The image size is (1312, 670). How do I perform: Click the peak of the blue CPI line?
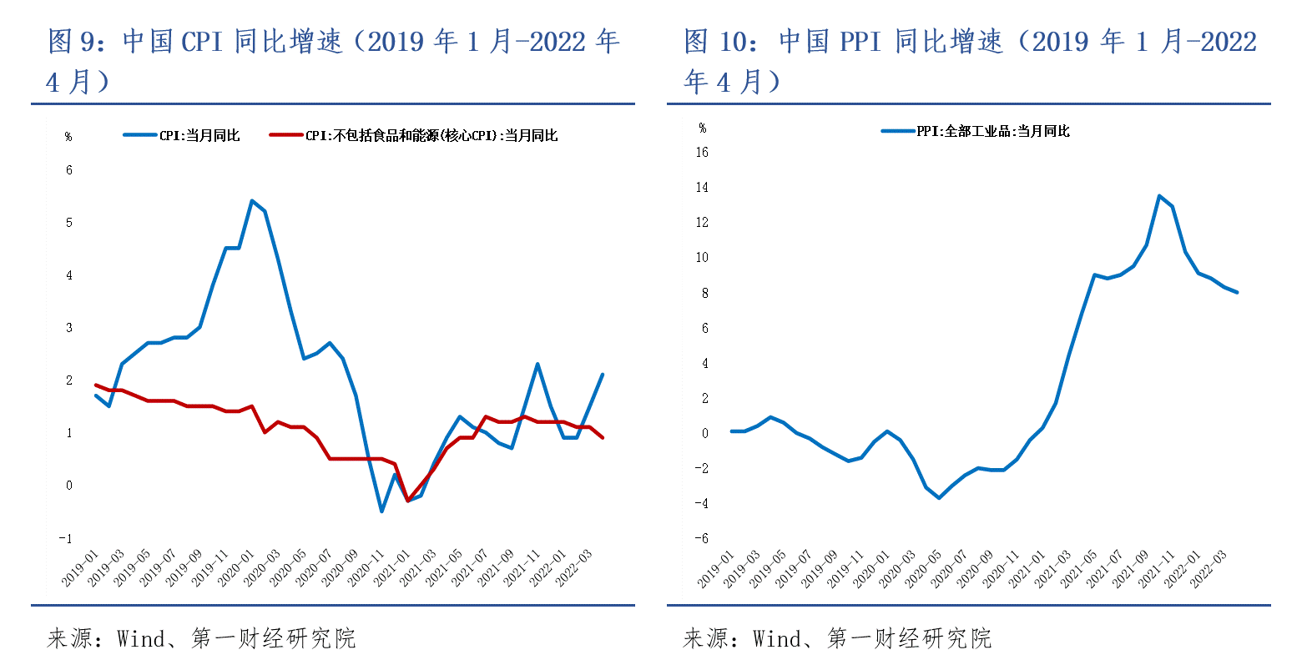point(252,200)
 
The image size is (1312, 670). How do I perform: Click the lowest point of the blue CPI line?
point(381,511)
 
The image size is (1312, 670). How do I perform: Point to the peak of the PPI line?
point(1159,196)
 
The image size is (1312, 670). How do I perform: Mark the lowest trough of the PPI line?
point(939,498)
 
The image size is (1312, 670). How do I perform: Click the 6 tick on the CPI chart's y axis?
point(69,170)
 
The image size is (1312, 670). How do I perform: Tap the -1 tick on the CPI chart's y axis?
point(65,538)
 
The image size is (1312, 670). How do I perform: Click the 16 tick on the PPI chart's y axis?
point(702,152)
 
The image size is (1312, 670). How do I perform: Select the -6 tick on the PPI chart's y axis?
point(702,538)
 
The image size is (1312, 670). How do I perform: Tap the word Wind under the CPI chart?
point(141,639)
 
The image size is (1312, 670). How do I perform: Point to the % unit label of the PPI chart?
point(703,128)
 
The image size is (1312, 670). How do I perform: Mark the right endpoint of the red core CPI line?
point(602,437)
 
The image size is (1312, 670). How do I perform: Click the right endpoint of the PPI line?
point(1237,292)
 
